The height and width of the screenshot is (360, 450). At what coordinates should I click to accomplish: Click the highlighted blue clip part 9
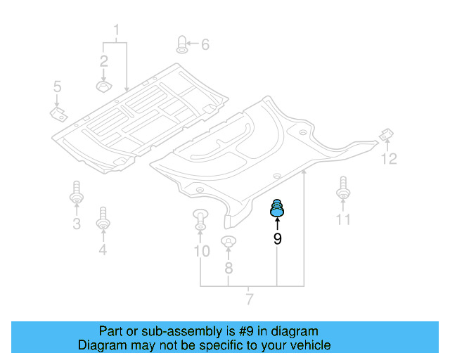pos(278,209)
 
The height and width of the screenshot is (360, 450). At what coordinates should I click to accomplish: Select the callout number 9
pos(278,239)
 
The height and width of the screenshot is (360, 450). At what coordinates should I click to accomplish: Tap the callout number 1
pos(117,30)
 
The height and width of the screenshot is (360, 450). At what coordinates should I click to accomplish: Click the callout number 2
pos(103,60)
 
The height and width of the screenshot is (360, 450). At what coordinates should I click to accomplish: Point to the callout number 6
pos(205,45)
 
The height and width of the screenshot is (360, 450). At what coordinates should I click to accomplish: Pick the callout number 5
pos(57,87)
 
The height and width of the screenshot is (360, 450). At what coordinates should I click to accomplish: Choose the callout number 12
pos(389,159)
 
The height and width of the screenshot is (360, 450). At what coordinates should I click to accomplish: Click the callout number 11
pos(342,220)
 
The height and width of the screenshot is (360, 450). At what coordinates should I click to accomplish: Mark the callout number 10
pos(201,251)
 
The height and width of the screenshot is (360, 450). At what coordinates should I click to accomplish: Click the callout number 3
pos(76,224)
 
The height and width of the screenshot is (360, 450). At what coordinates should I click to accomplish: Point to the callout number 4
pos(103,249)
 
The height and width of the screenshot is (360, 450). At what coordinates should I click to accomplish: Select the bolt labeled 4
pos(103,218)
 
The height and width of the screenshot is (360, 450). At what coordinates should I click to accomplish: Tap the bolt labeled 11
pos(343,188)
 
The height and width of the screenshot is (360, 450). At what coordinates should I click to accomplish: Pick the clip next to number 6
pos(181,44)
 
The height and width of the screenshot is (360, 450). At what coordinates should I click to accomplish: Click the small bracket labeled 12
pos(385,134)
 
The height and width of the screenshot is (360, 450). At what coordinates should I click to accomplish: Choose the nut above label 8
pos(228,243)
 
